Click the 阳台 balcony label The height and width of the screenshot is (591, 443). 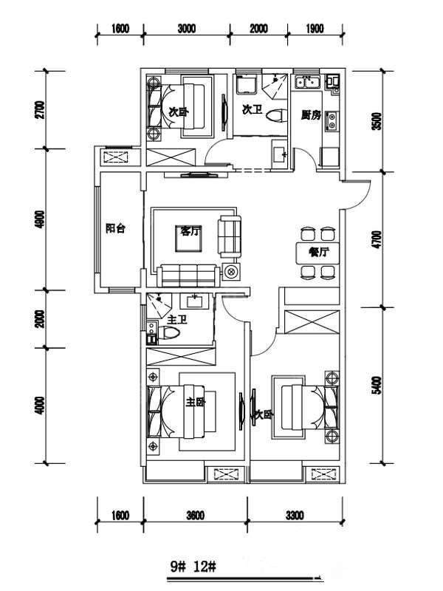(x=116, y=228)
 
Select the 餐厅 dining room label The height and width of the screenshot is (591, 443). (x=318, y=252)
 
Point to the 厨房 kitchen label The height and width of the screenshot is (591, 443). (x=311, y=115)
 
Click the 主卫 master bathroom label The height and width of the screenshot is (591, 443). (x=177, y=321)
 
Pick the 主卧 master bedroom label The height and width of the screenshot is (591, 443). (x=196, y=402)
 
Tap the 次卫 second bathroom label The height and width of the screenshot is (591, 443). (x=252, y=110)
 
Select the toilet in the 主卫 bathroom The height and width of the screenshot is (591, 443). (x=168, y=333)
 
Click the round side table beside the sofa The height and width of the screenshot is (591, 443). (x=231, y=270)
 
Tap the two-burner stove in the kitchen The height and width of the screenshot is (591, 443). (x=332, y=121)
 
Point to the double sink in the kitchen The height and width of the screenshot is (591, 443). (x=307, y=82)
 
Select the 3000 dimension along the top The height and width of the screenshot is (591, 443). (x=187, y=29)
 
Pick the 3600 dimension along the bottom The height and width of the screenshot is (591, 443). (x=195, y=515)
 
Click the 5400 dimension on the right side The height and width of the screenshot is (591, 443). (x=376, y=385)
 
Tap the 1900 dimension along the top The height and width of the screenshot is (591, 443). (x=315, y=29)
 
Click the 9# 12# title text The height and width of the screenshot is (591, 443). (x=193, y=567)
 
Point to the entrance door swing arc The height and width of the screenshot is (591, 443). (x=363, y=199)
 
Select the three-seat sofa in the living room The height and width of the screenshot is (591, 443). (x=188, y=276)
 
